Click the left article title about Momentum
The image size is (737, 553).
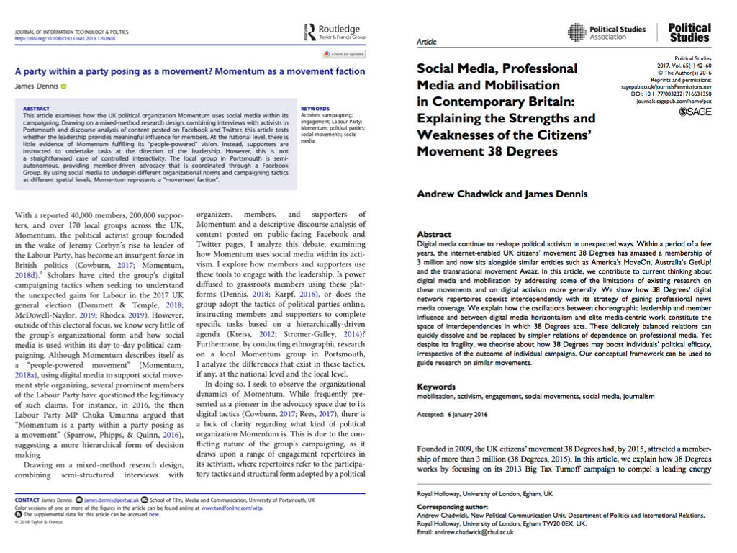pyautogui.click(x=190, y=71)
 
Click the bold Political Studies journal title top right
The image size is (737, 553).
pyautogui.click(x=689, y=32)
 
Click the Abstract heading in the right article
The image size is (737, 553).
pyautogui.click(x=435, y=234)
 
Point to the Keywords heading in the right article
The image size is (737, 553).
pyautogui.click(x=437, y=386)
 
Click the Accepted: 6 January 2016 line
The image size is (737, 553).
pyautogui.click(x=459, y=415)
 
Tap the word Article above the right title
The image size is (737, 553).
pyautogui.click(x=427, y=42)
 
